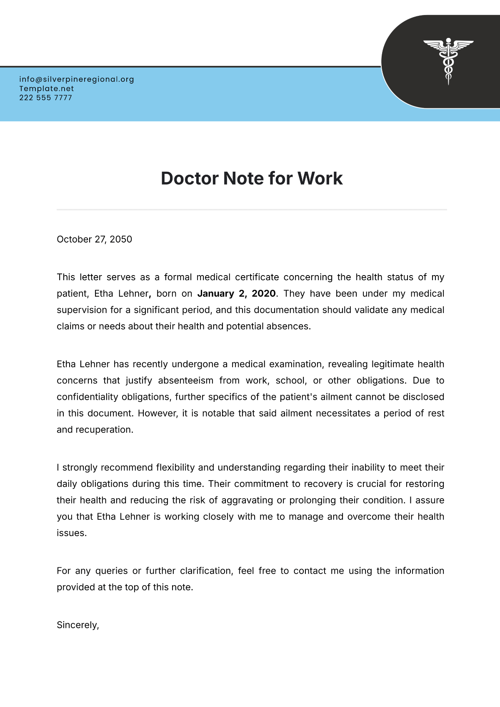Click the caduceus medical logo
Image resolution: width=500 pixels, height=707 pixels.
coord(448,61)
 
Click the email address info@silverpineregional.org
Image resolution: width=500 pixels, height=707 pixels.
coord(77,79)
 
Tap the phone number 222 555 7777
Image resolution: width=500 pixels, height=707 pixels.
coord(46,98)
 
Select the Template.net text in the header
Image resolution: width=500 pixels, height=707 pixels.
coord(47,88)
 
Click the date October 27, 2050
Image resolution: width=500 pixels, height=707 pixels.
coord(94,239)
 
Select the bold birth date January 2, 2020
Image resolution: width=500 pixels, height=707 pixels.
coord(236,293)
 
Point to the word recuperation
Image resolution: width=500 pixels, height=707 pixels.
coord(104,430)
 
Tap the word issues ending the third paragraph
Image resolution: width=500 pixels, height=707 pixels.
coord(71,533)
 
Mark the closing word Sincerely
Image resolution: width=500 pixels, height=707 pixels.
coord(77,625)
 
